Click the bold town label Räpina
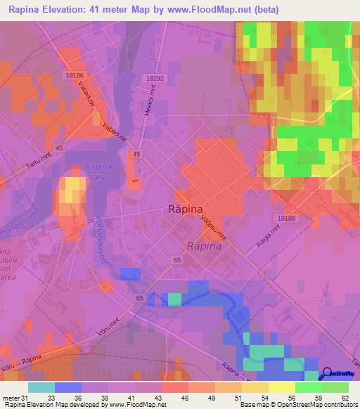tap(187, 209)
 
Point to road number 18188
tap(287, 219)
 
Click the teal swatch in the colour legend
tap(41, 387)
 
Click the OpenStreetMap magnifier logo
tap(326, 375)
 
